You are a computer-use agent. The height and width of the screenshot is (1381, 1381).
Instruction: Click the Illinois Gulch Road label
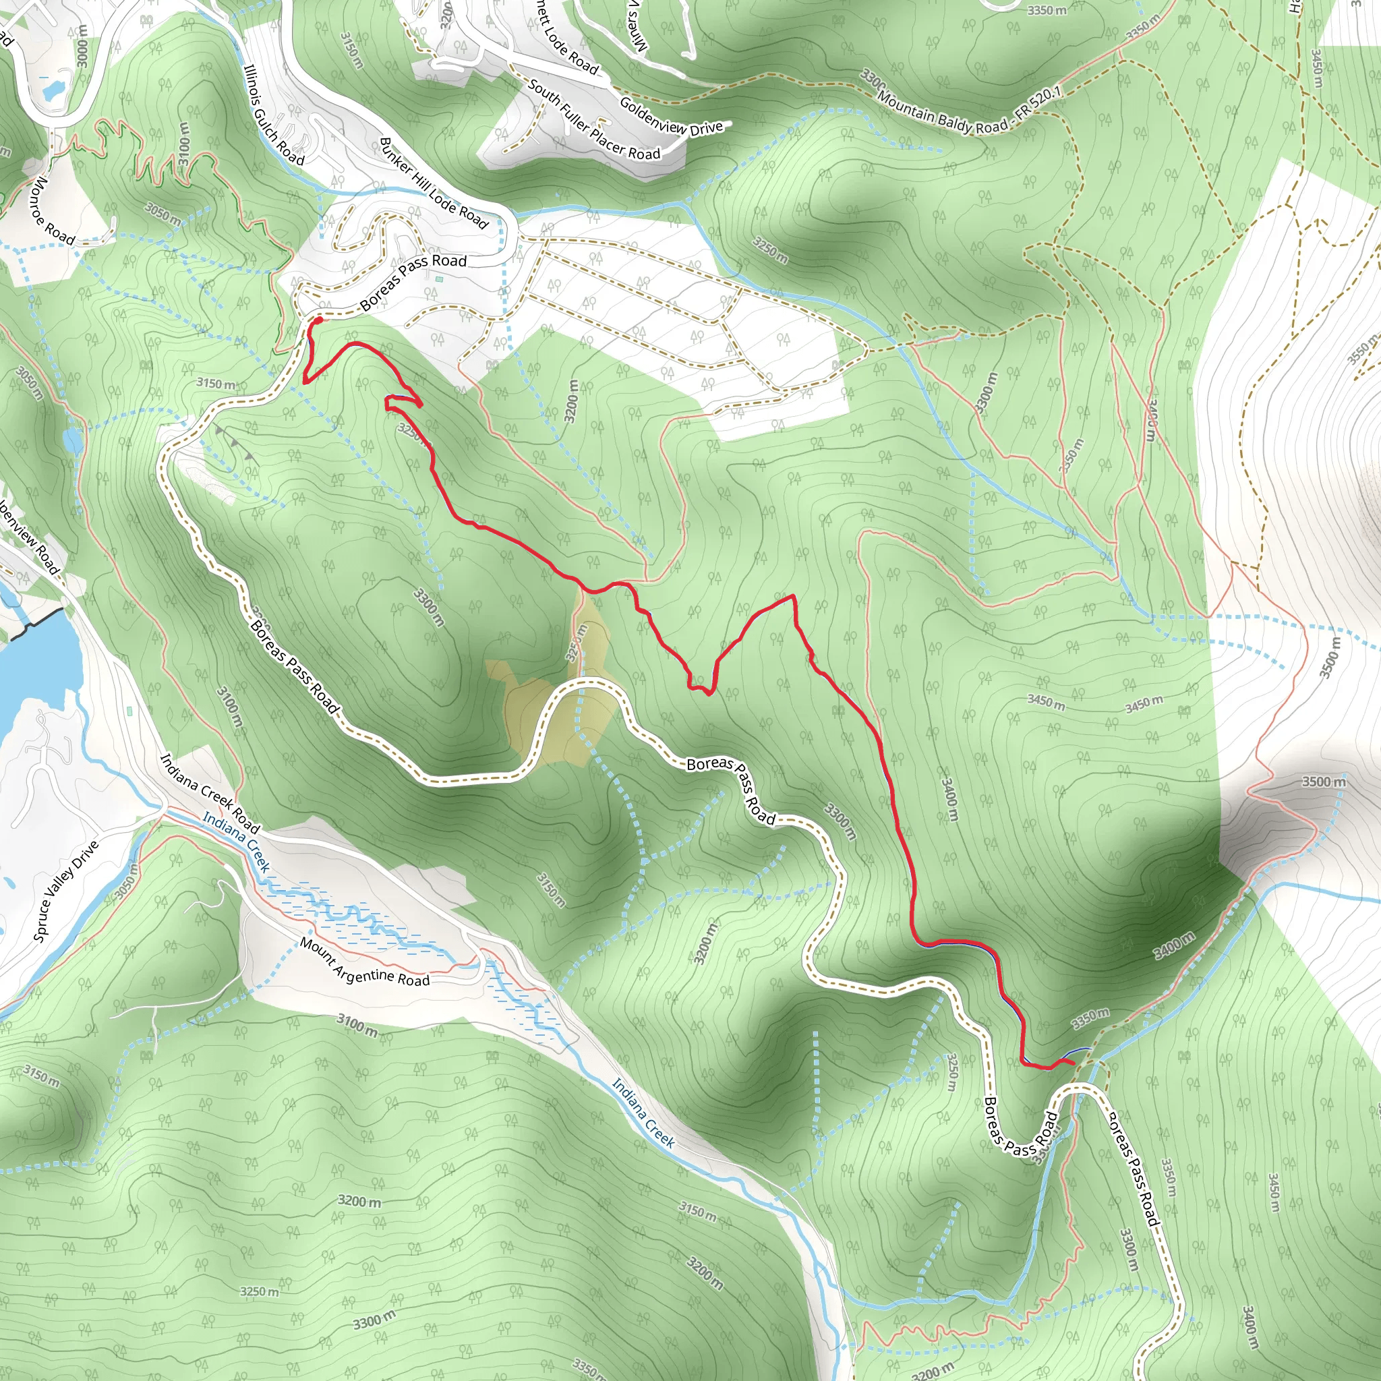tap(274, 115)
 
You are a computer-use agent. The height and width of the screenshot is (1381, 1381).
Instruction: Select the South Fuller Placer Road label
tap(594, 119)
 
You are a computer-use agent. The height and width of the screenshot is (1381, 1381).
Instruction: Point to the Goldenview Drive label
tap(671, 117)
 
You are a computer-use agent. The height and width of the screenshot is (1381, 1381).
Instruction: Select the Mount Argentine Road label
tap(365, 962)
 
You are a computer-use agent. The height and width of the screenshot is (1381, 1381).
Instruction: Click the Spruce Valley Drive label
tap(66, 891)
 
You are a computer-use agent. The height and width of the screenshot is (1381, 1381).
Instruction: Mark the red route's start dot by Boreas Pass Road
tap(318, 320)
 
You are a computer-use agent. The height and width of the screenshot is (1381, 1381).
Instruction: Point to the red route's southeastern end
tap(1073, 1063)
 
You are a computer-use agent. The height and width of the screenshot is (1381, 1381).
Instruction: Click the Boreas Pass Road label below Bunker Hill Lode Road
tap(413, 281)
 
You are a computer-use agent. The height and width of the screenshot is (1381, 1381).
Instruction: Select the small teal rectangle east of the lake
tap(129, 711)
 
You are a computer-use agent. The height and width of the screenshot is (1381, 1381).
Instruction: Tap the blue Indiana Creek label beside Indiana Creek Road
tap(236, 842)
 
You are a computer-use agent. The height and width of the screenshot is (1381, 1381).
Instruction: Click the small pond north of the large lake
tap(73, 440)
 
